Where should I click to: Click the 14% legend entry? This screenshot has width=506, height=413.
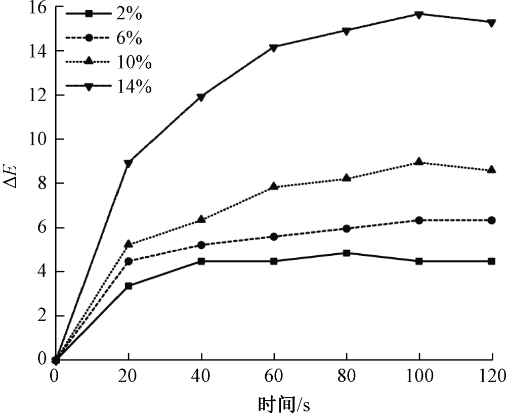pyautogui.click(x=109, y=87)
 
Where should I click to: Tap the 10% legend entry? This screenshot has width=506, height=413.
pyautogui.click(x=109, y=63)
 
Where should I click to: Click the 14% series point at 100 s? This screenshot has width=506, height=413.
pyautogui.click(x=419, y=14)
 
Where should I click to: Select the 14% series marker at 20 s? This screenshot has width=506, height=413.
pyautogui.click(x=129, y=163)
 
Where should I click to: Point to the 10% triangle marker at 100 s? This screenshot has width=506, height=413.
pyautogui.click(x=419, y=162)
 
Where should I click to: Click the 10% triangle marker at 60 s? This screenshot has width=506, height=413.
pyautogui.click(x=274, y=187)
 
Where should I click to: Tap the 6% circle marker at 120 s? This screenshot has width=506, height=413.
pyautogui.click(x=491, y=220)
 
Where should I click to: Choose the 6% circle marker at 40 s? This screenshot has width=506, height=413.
pyautogui.click(x=201, y=245)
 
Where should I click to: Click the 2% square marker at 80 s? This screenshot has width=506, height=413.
pyautogui.click(x=347, y=253)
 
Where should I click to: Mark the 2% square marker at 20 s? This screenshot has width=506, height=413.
pyautogui.click(x=129, y=286)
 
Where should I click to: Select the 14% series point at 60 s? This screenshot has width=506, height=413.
pyautogui.click(x=274, y=48)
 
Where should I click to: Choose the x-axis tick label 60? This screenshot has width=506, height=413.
pyautogui.click(x=274, y=375)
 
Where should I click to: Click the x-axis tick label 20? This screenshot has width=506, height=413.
pyautogui.click(x=129, y=375)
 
